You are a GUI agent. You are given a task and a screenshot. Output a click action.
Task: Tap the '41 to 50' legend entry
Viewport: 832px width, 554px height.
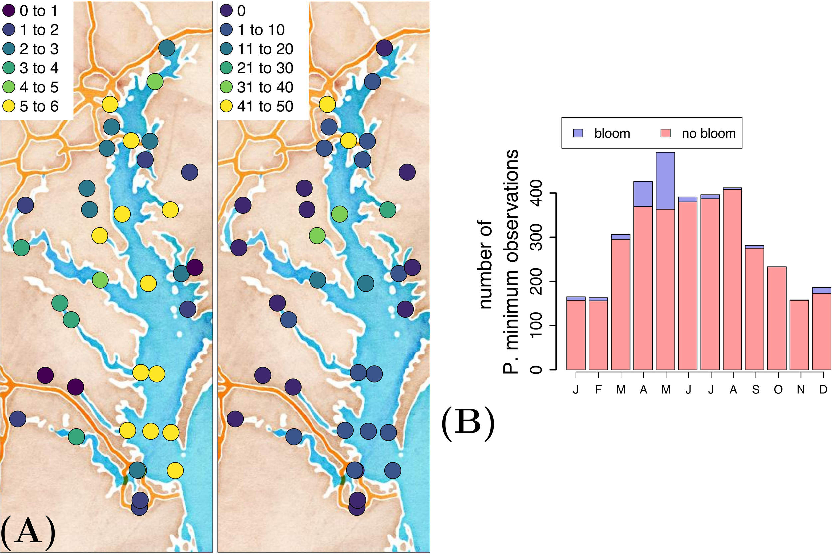256,106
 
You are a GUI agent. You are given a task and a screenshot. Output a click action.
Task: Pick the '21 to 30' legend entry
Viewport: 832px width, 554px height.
256,68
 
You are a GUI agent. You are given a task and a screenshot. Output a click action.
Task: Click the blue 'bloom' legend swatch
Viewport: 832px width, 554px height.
578,133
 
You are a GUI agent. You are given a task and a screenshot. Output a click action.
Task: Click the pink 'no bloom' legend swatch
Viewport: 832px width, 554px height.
666,133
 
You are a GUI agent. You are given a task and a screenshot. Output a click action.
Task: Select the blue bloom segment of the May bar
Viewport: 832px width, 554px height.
665,181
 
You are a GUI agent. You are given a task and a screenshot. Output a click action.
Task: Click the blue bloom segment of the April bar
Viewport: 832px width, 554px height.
643,194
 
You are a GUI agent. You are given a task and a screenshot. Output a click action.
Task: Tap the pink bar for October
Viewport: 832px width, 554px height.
777,318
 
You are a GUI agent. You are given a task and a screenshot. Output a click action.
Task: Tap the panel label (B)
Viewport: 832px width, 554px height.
468,423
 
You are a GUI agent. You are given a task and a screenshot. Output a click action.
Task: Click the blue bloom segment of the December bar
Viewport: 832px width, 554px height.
821,290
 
